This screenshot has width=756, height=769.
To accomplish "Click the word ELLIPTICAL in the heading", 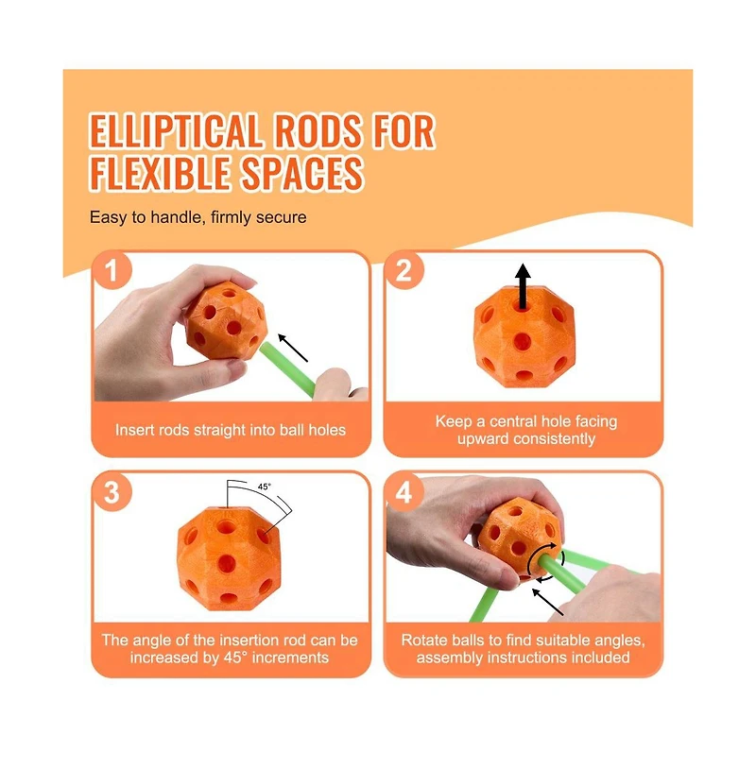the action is tap(175, 131).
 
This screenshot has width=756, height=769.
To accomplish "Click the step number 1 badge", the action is tap(112, 270).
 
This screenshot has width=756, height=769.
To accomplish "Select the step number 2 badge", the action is tap(404, 270).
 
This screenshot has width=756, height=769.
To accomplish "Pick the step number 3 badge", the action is tap(112, 492).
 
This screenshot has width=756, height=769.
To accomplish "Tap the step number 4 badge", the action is tap(404, 492).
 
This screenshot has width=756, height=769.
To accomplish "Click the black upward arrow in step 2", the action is tap(523, 286).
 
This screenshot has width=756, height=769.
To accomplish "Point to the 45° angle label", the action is tap(264, 487).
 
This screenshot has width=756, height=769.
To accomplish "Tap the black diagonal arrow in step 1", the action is tap(292, 348).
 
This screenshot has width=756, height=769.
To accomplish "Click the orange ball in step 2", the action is tap(524, 336).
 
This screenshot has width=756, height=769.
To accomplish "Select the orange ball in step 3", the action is tap(229, 558).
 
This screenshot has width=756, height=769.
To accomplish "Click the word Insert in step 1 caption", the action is tap(131, 430).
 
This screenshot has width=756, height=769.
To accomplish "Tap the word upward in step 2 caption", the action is tap(483, 439).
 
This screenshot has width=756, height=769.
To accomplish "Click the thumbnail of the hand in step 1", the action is tap(172, 333).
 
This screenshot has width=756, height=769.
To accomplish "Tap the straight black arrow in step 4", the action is tap(547, 601).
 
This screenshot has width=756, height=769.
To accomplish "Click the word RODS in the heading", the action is tap(318, 131).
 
